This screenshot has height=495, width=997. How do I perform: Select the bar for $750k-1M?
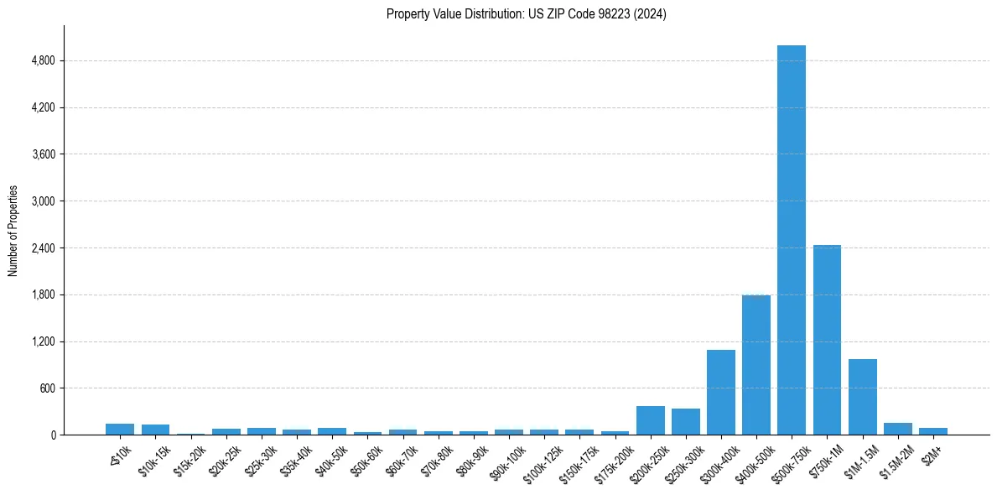(x=827, y=340)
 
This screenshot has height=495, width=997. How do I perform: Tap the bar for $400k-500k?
(x=756, y=365)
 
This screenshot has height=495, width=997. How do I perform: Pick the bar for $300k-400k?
(x=720, y=393)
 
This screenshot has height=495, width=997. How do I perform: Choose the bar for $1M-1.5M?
(x=862, y=397)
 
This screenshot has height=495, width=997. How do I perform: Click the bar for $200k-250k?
(x=650, y=420)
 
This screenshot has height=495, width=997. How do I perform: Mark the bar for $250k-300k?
(x=685, y=422)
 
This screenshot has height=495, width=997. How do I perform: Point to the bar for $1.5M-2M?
(x=897, y=429)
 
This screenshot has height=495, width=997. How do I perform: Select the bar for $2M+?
(x=932, y=431)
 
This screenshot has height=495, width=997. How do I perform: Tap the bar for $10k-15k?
(x=155, y=430)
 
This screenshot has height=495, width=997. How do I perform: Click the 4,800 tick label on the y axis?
(x=43, y=61)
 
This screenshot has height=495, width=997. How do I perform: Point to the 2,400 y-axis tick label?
(x=43, y=248)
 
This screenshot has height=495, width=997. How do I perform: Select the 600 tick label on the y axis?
(x=47, y=388)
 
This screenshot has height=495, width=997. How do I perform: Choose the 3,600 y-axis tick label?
(x=43, y=154)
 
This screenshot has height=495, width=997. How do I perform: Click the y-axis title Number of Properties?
(x=13, y=231)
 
